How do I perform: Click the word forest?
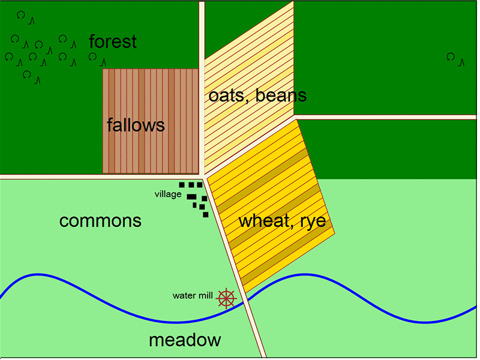click(x=113, y=42)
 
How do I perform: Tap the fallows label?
click(x=136, y=125)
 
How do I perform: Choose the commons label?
click(x=100, y=221)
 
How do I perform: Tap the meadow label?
click(x=185, y=340)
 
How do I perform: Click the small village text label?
click(x=167, y=194)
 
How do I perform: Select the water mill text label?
click(x=192, y=295)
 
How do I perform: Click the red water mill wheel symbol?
click(x=226, y=298)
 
